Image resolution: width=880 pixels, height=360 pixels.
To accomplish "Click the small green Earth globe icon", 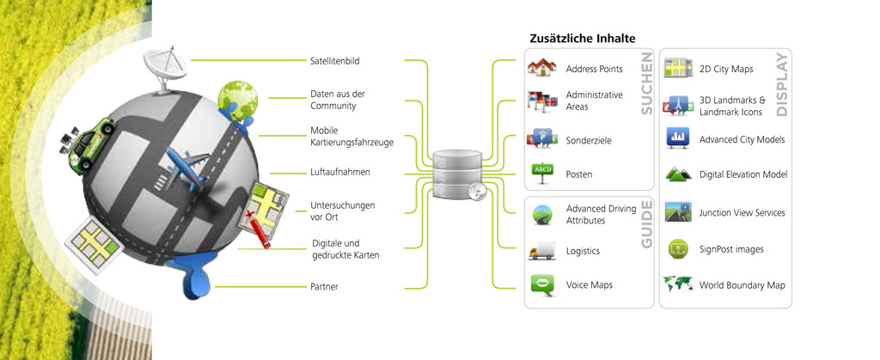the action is click(x=237, y=99).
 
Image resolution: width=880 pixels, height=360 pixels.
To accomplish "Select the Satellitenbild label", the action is click(x=335, y=60).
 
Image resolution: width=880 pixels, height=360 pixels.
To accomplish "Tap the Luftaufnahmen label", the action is click(x=340, y=172).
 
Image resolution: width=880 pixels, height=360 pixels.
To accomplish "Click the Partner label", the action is click(x=324, y=287).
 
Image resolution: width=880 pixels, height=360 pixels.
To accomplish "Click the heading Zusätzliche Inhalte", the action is click(x=583, y=39).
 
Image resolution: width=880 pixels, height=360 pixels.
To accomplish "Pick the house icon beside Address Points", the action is click(x=541, y=68).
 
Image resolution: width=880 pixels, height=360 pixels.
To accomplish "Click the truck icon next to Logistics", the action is click(x=542, y=251).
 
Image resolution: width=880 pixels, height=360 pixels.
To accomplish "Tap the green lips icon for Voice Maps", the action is click(x=542, y=284).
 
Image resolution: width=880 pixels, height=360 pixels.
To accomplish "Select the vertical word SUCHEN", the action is click(x=646, y=83).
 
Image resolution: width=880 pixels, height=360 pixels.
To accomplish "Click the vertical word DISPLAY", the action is click(x=782, y=85).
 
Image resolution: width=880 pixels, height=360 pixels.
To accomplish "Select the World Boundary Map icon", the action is click(x=677, y=284).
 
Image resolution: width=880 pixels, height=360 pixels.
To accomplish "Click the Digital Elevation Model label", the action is click(x=743, y=175).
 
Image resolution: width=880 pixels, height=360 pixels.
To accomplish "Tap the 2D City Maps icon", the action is click(x=678, y=69).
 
